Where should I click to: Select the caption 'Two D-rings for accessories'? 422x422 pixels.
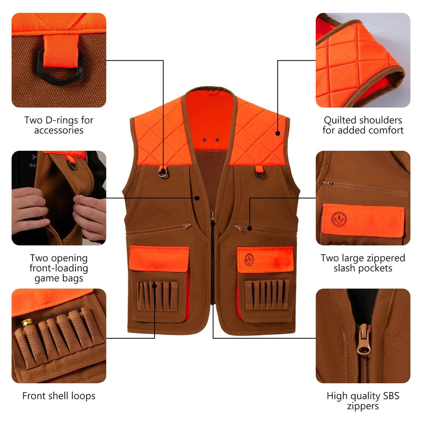point(59,125)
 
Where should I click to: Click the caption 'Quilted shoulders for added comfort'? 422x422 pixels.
point(363,125)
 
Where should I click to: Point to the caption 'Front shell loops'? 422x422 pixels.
point(59,396)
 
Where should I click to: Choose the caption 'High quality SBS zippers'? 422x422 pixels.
point(363,401)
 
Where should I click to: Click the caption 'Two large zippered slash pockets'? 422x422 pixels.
point(363,263)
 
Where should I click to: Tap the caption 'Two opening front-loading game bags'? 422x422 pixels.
point(59,268)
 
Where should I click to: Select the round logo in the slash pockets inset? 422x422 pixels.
point(339,219)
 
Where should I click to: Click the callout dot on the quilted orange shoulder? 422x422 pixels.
point(277,133)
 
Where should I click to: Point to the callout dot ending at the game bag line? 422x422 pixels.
point(197,198)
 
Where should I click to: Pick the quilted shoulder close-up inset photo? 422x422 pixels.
point(363,60)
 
